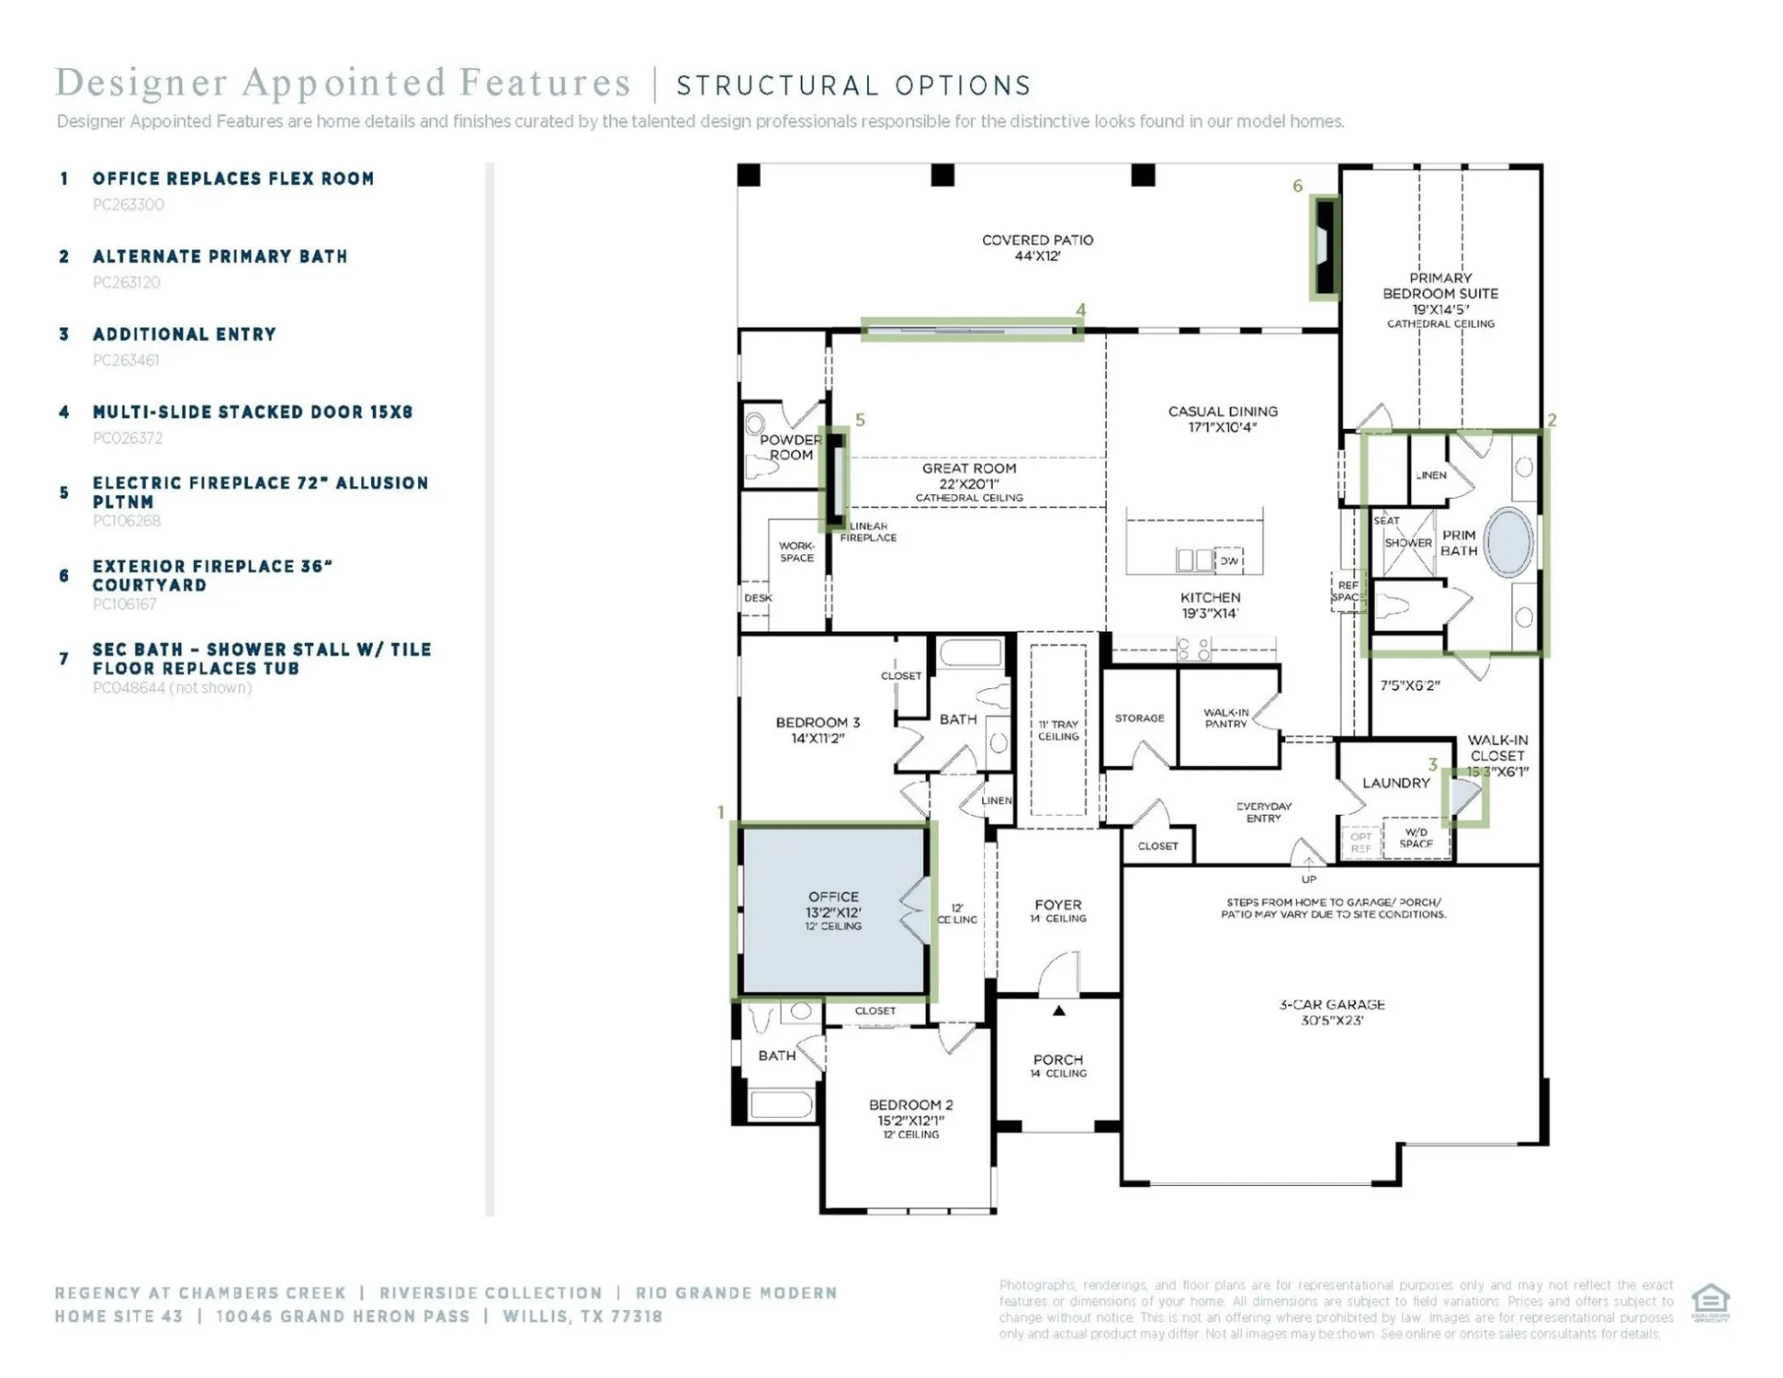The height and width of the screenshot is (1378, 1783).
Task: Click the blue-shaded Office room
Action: click(x=833, y=909)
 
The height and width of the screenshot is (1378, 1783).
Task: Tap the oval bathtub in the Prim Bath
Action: click(x=1508, y=542)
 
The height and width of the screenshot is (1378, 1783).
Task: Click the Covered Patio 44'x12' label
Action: click(x=1037, y=248)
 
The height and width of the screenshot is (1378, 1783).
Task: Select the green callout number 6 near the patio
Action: click(x=1297, y=186)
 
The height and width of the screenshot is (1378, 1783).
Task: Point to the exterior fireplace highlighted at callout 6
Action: click(x=1325, y=247)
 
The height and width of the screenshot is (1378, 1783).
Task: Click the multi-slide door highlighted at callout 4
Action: click(x=971, y=330)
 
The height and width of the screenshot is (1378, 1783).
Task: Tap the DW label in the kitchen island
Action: click(x=1229, y=560)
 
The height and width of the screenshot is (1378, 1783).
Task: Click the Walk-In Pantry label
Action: click(x=1226, y=717)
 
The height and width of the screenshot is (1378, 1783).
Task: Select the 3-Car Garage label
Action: click(x=1331, y=1011)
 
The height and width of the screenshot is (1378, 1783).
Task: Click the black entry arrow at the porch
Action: click(x=1058, y=1011)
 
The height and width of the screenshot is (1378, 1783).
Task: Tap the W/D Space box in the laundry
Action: click(x=1416, y=838)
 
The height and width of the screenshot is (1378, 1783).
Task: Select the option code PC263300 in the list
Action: click(x=129, y=205)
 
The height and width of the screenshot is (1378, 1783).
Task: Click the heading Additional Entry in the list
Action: click(x=184, y=334)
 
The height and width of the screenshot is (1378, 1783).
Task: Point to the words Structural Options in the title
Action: click(x=853, y=85)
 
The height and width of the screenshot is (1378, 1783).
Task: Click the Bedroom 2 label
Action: click(x=910, y=1113)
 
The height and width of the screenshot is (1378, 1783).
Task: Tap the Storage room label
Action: click(x=1139, y=718)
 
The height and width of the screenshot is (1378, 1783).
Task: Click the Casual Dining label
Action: click(x=1222, y=419)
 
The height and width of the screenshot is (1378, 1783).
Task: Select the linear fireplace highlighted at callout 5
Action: click(x=836, y=479)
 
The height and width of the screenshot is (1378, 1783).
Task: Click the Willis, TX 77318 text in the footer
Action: click(x=582, y=1316)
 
